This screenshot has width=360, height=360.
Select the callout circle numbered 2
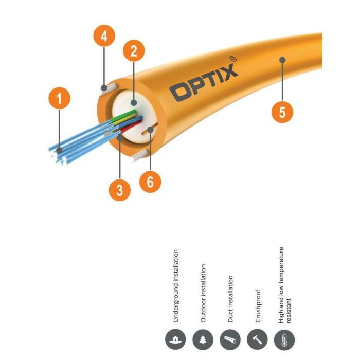(x=134, y=51)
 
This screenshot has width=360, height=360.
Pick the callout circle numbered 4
(x=104, y=37)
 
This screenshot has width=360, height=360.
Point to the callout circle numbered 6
(x=150, y=183)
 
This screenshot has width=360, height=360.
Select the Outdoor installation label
(x=203, y=294)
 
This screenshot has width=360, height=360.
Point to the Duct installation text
(x=231, y=299)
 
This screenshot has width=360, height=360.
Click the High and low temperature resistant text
(x=284, y=284)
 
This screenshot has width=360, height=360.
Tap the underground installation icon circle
(x=175, y=340)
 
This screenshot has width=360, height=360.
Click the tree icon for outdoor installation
(x=203, y=340)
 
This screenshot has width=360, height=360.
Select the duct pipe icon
(x=230, y=340)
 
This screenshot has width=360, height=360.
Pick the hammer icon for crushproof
(x=258, y=340)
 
